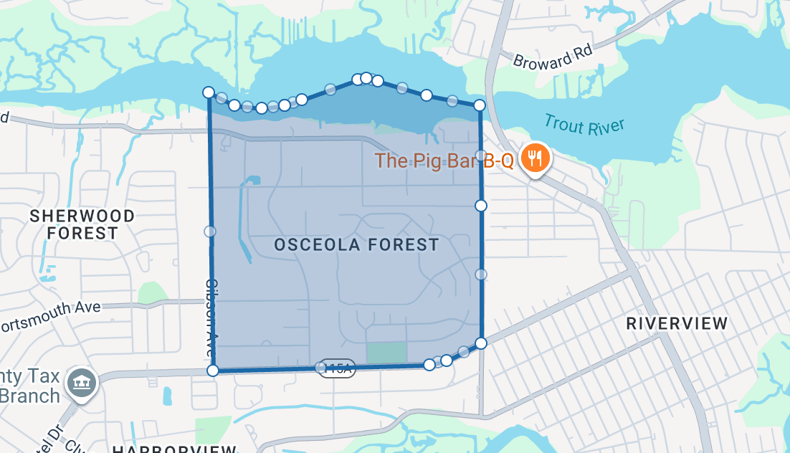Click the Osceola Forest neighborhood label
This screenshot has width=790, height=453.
356,245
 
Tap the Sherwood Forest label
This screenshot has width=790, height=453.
82,224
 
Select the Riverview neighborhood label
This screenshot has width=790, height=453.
677,323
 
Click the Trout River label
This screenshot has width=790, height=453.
584,125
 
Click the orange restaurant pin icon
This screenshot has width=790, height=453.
535,157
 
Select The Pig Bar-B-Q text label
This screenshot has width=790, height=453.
444,161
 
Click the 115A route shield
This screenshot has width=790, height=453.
337,368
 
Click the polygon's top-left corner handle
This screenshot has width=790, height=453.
209,92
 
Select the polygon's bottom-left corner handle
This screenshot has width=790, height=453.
213,370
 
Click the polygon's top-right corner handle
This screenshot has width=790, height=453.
480,105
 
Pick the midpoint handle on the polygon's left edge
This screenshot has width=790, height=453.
210,232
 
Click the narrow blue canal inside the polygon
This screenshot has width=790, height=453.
247,215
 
